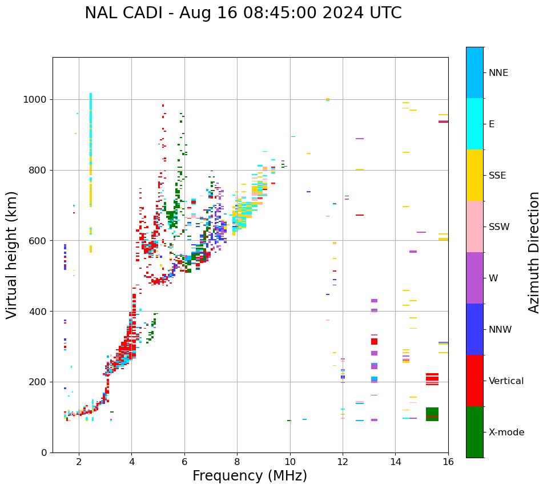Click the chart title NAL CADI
point(243,13)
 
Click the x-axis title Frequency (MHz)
point(250,476)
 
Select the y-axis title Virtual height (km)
point(12,254)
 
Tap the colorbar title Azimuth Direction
point(534,252)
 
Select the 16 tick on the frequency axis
point(448,461)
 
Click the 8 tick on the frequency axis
point(237,461)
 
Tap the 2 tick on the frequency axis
point(79,461)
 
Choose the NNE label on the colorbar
point(498,73)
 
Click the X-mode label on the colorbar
point(506,433)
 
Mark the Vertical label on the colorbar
point(506,381)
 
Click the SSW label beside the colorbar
point(498,227)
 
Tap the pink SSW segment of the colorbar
point(474,227)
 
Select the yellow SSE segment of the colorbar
point(474,175)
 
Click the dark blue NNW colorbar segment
point(474,329)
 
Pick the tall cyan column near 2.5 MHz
point(91,148)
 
